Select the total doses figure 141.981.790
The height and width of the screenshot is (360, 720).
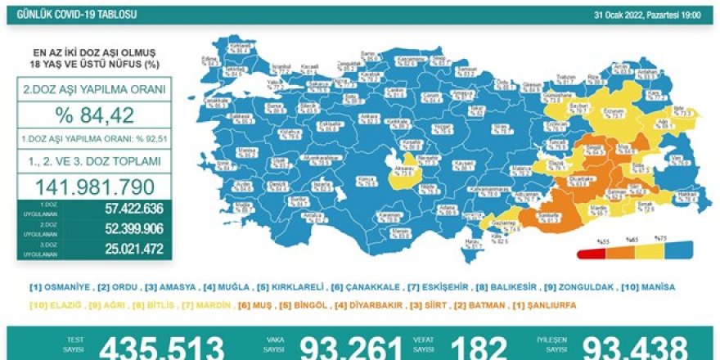pyautogui.click(x=93, y=186)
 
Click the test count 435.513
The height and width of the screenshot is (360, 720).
pyautogui.click(x=161, y=348)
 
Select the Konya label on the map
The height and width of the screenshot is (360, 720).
pyautogui.click(x=361, y=178)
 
